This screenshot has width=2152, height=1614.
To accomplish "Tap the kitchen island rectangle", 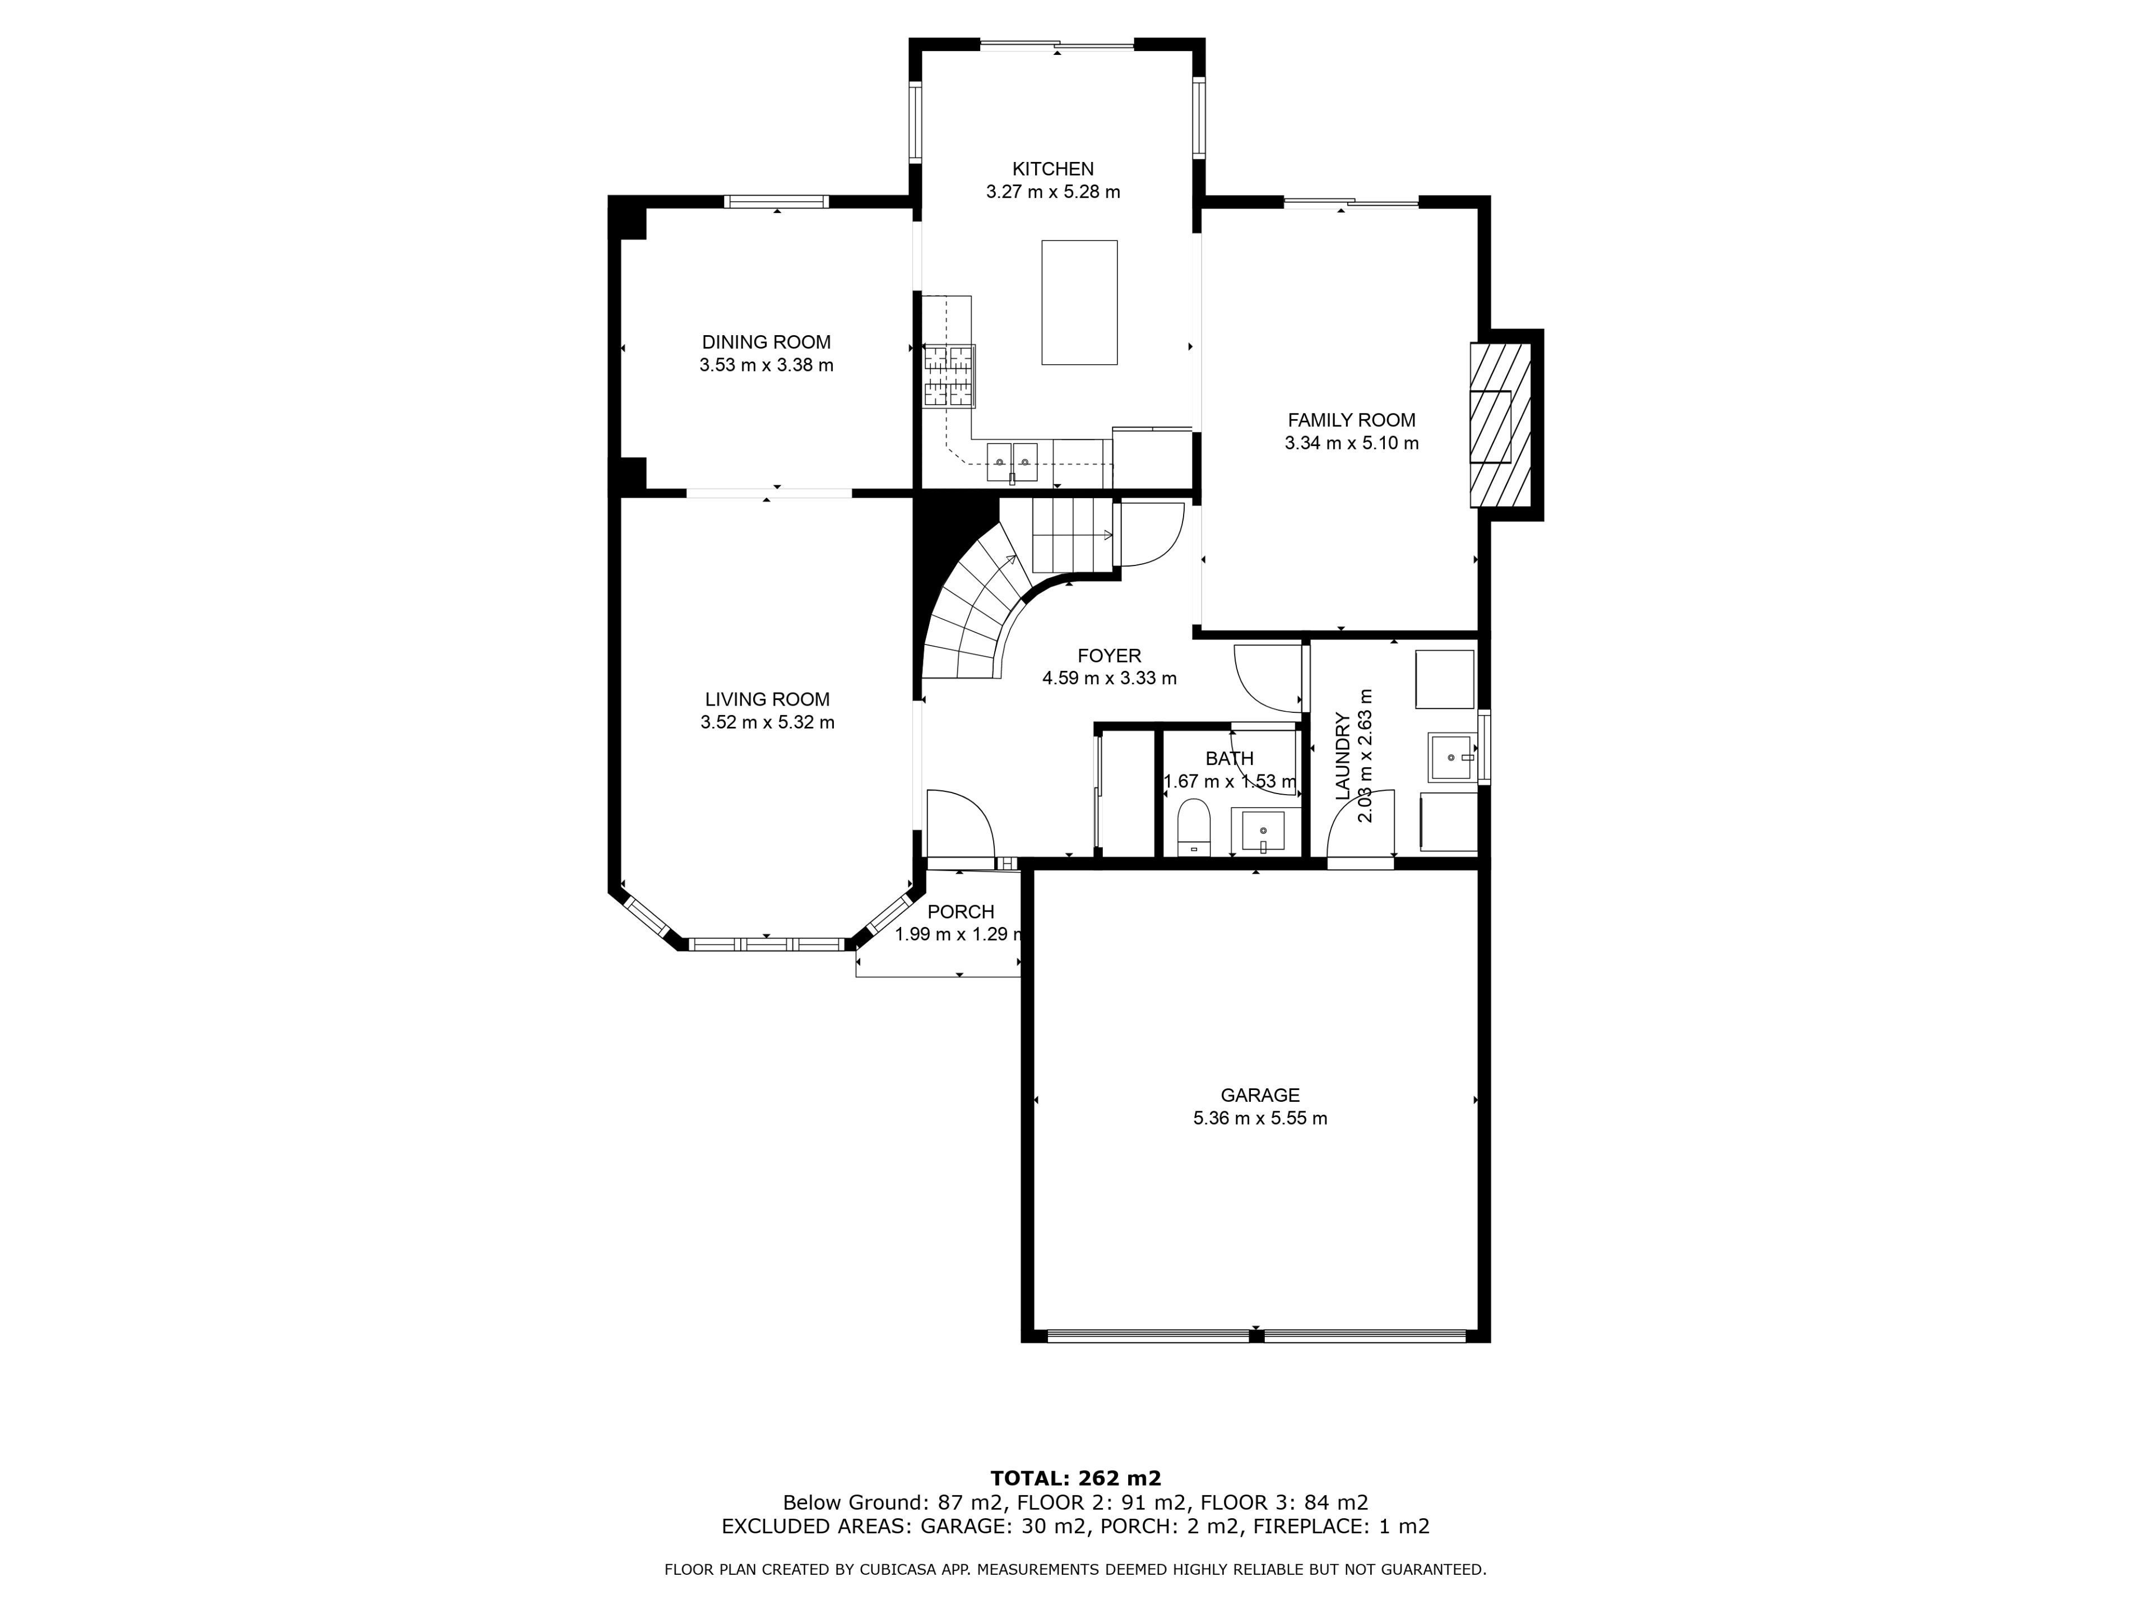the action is pyautogui.click(x=1079, y=303).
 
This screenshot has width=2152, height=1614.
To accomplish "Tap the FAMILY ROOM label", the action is pyautogui.click(x=1351, y=420).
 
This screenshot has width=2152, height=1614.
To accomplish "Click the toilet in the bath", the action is pyautogui.click(x=1193, y=826).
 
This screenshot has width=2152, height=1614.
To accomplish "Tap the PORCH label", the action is pyautogui.click(x=961, y=912).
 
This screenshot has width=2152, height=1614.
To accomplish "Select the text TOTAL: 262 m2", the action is pyautogui.click(x=1076, y=1479).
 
